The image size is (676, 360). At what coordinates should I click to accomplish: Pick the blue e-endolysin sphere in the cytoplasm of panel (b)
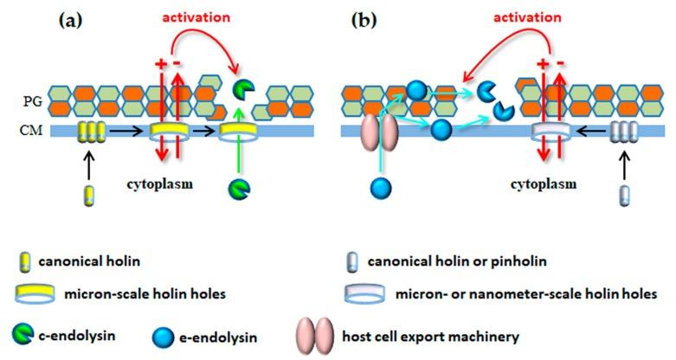pos(378,186)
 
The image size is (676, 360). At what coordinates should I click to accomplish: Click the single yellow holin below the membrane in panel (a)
pos(89,192)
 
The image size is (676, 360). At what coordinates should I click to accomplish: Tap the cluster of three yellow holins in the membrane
pos(90,132)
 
